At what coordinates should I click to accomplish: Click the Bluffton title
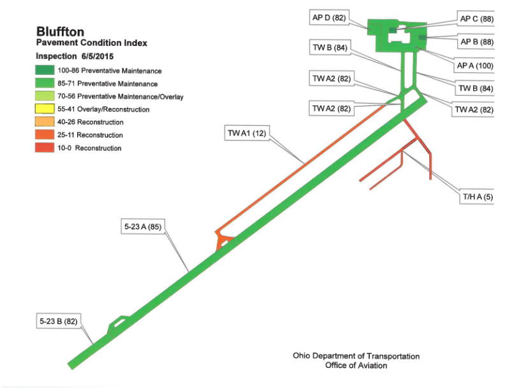pos(60,31)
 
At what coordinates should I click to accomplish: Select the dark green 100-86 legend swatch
pos(45,70)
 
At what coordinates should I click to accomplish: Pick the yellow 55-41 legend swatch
pos(45,109)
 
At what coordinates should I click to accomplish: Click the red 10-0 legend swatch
pos(45,148)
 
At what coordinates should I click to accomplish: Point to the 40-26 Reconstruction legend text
pos(91,122)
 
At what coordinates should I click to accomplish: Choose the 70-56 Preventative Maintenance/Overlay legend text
pos(121,96)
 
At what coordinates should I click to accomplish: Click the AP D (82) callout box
pos(329,17)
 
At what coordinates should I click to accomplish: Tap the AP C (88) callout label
pos(477,19)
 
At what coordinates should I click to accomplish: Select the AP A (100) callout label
pos(475,66)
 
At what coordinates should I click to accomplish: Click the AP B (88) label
pos(477,42)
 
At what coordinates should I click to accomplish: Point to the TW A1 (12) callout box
pos(247,133)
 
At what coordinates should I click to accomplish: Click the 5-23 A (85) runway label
pos(143,227)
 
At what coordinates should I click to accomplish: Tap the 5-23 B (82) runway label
pos(59,321)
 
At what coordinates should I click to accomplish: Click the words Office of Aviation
pos(356,365)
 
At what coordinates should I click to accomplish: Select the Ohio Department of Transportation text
pos(356,356)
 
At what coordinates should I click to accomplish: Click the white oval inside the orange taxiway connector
pos(224,242)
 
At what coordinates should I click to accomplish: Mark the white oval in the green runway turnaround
pos(119,322)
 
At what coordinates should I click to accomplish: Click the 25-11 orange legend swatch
pos(45,135)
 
